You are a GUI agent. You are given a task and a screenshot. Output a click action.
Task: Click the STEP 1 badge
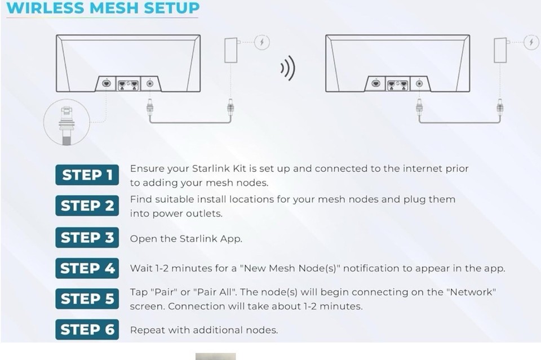tap(87, 175)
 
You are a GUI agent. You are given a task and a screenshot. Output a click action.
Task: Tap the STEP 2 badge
tap(87, 206)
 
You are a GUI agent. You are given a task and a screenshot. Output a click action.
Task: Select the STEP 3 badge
tap(87, 238)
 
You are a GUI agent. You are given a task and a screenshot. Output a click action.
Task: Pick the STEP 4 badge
tap(87, 268)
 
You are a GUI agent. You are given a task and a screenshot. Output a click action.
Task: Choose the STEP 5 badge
tap(87, 299)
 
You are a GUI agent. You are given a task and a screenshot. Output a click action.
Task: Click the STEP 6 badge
tap(87, 330)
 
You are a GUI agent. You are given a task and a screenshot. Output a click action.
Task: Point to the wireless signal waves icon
tap(287, 69)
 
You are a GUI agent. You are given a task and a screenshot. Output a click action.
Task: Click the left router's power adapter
tap(230, 50)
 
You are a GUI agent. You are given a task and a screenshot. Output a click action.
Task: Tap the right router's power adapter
tap(500, 50)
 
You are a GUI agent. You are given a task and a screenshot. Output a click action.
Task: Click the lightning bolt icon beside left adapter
tap(261, 42)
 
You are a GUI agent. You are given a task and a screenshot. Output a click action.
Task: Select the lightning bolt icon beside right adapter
tap(531, 42)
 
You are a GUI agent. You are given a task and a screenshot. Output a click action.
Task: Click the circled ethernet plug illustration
tap(67, 122)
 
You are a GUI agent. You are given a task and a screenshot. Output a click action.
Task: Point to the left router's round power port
tap(150, 83)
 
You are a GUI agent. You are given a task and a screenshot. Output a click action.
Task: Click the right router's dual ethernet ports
tap(397, 83)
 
